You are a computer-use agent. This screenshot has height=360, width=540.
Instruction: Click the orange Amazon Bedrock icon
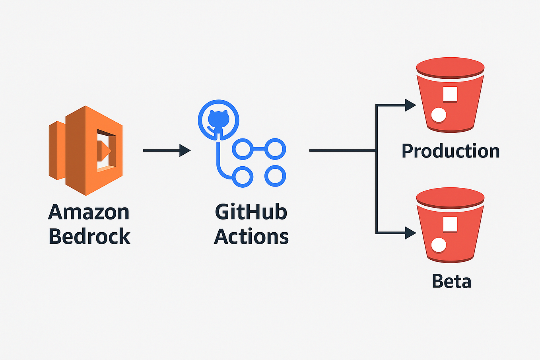(85, 150)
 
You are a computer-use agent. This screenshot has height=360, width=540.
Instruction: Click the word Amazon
(89, 212)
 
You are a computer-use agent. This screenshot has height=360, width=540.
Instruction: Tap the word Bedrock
(89, 236)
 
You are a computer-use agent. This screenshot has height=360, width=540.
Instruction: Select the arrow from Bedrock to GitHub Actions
(167, 150)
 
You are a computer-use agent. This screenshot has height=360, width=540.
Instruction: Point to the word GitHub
(251, 212)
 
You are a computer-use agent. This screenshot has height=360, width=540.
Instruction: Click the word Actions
(251, 236)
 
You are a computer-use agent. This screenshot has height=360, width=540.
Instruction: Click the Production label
(451, 151)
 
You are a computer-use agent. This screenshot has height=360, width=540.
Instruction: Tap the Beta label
(451, 281)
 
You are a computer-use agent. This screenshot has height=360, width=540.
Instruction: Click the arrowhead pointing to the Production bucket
(410, 105)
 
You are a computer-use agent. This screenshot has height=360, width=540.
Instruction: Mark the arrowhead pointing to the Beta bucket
(410, 233)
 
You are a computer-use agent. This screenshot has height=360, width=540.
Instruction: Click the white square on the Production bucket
(450, 94)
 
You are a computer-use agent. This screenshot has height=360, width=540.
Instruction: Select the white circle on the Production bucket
(439, 115)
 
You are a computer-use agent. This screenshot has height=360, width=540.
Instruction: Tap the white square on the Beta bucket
(450, 224)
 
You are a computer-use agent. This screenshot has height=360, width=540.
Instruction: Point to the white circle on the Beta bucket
(439, 245)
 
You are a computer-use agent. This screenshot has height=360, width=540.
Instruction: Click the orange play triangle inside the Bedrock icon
(104, 150)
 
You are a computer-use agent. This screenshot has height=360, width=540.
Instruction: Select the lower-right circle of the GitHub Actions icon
(275, 176)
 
